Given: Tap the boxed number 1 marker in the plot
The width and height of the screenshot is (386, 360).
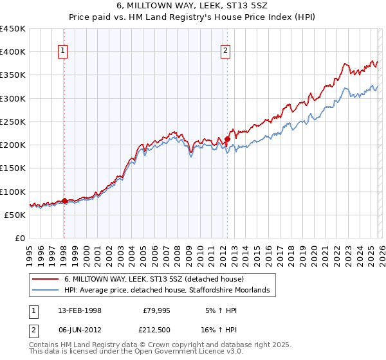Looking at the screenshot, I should (x=64, y=51).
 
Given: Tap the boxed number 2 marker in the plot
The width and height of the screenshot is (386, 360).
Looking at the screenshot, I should (x=226, y=51).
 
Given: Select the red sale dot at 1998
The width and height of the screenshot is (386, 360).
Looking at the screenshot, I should (x=64, y=201).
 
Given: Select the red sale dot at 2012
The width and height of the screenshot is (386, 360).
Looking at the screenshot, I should (x=227, y=139).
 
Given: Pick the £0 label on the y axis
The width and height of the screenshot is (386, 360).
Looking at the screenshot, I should (x=19, y=238).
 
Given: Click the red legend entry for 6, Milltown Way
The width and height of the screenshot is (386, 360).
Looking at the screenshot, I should (x=154, y=279).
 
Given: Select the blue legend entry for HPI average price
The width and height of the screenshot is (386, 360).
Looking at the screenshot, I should (x=170, y=291).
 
